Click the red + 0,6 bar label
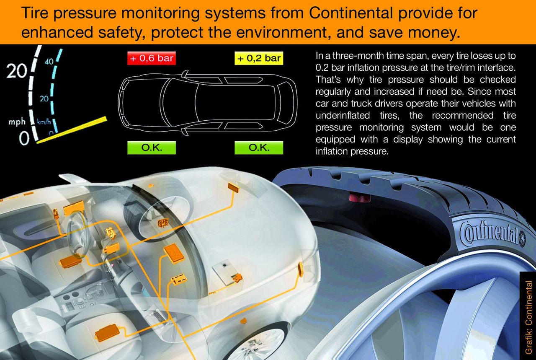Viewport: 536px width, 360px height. tap(152, 58)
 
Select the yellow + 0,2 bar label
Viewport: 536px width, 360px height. tap(259, 58)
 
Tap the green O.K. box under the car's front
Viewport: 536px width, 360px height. tap(152, 148)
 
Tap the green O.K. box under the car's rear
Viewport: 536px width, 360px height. tap(259, 148)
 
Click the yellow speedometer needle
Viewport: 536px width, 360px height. tap(72, 130)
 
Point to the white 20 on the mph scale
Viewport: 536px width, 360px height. tap(17, 71)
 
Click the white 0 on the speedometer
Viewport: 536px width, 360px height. tap(24, 138)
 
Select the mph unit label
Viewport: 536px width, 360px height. tap(17, 122)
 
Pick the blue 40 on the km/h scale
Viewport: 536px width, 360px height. tap(49, 62)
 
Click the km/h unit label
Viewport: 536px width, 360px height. tap(44, 122)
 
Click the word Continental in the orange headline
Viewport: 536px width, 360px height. tap(351, 13)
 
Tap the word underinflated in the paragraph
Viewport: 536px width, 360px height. tap(343, 115)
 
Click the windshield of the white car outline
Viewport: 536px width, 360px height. tap(167, 104)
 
